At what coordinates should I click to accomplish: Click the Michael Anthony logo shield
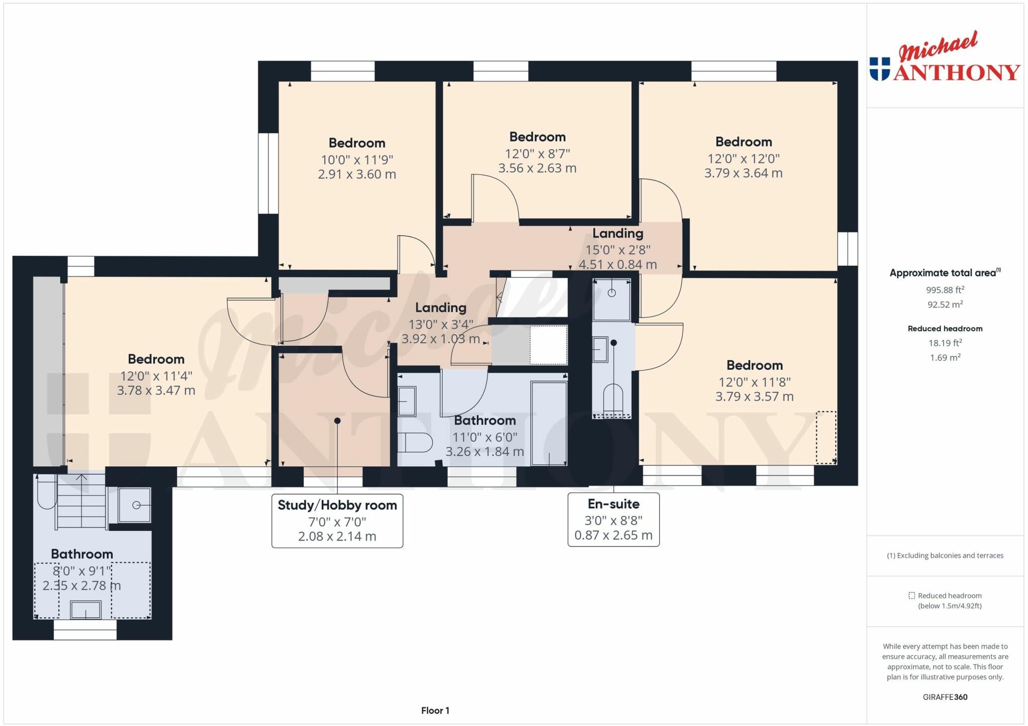click(x=879, y=69)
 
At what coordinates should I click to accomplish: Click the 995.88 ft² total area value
click(x=945, y=290)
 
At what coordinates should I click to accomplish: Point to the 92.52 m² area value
click(x=945, y=305)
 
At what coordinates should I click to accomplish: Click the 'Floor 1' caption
click(x=435, y=710)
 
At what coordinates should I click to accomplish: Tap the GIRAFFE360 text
click(x=945, y=697)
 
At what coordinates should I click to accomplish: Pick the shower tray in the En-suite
click(x=611, y=300)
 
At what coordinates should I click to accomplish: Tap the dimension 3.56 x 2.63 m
click(x=537, y=168)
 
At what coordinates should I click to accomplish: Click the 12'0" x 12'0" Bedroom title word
click(x=743, y=142)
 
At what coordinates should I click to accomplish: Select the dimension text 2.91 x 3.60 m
click(x=357, y=175)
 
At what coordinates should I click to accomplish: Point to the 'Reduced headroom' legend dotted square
click(x=912, y=596)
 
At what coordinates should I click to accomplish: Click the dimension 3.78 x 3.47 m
click(x=156, y=390)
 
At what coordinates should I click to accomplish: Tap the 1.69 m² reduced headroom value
click(x=945, y=358)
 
